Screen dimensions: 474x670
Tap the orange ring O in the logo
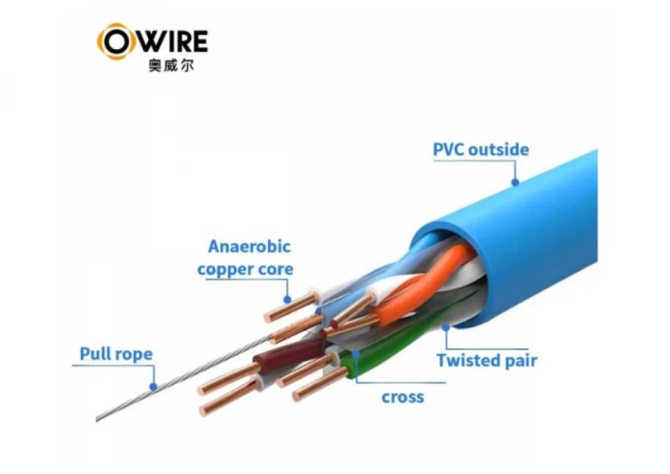114,40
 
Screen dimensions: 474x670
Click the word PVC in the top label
450,149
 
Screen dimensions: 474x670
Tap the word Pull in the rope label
96,355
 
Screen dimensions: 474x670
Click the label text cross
403,397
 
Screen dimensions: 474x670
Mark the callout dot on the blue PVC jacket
515,184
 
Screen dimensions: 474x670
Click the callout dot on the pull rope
153,385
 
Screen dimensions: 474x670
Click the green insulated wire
390,354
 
